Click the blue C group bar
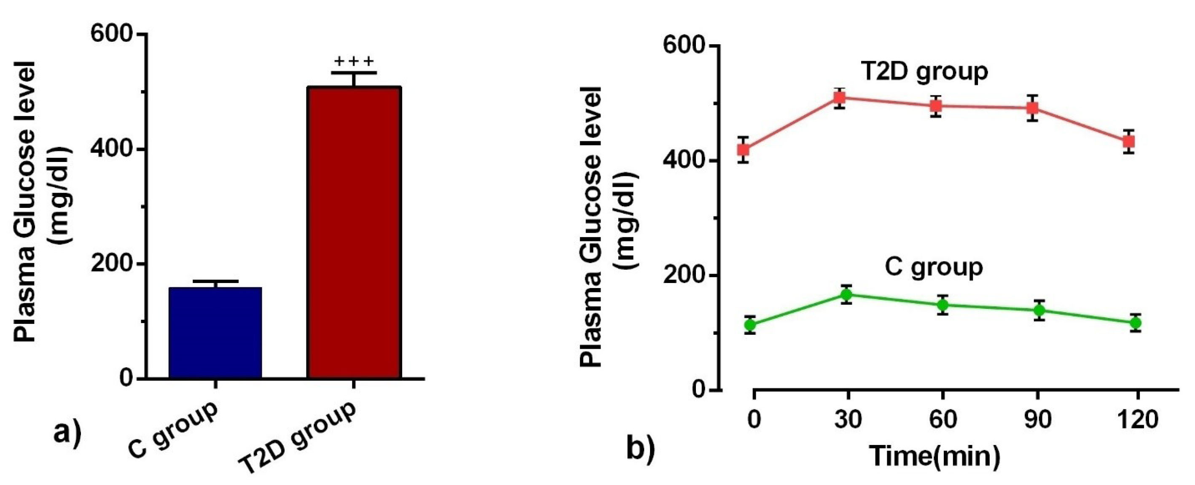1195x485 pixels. [215, 332]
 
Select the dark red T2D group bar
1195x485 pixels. [354, 232]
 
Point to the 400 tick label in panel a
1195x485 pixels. [112, 149]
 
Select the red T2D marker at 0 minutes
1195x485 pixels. [744, 149]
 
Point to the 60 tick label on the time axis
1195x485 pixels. [943, 420]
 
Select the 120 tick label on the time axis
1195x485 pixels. [1138, 420]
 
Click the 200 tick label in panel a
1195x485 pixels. [112, 264]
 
